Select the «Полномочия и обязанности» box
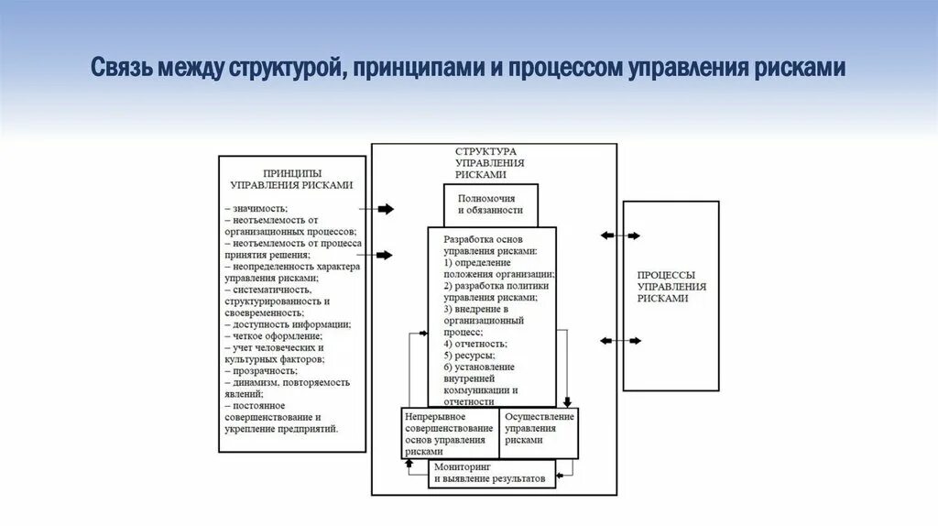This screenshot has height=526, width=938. (x=491, y=203)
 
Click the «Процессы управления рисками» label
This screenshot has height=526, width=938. (x=671, y=286)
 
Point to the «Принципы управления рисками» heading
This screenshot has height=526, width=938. (x=291, y=178)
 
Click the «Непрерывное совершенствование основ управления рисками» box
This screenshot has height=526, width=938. (x=450, y=433)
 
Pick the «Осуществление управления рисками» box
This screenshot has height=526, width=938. (x=539, y=428)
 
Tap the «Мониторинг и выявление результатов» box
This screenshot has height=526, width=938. (x=490, y=473)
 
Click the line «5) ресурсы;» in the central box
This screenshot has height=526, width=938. (x=469, y=355)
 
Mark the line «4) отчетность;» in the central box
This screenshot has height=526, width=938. (x=474, y=343)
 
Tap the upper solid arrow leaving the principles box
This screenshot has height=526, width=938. (x=384, y=209)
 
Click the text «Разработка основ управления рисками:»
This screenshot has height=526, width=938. (x=489, y=244)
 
